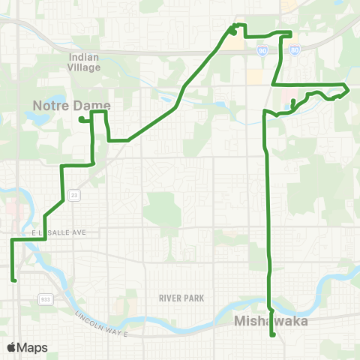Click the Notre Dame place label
click(x=72, y=105)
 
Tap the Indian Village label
click(x=88, y=61)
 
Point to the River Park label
click(x=181, y=298)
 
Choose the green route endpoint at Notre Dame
click(x=80, y=118)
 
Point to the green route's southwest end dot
click(x=14, y=280)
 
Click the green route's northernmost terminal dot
click(x=233, y=31)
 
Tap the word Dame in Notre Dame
click(x=93, y=105)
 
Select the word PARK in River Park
click(x=194, y=298)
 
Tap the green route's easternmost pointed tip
click(x=349, y=89)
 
